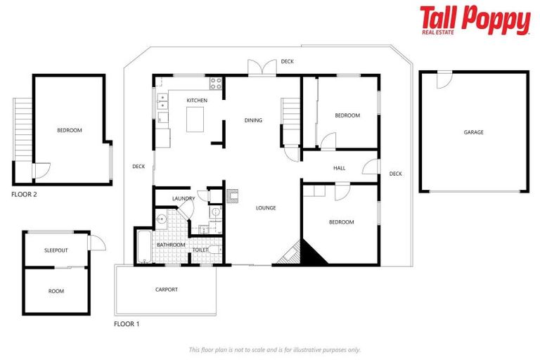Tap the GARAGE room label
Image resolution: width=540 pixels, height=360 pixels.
pos(473,132)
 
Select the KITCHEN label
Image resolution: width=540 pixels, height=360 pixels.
pos(197,101)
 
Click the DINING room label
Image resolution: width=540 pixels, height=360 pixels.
pos(253,120)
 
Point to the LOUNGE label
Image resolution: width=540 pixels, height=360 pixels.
pos(266,208)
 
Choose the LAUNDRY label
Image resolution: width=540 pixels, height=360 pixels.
pos(183,199)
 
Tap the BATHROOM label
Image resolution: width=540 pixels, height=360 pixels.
pos(171,245)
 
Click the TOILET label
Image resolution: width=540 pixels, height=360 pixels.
pos(200,250)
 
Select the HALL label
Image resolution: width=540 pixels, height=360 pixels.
pos(340,168)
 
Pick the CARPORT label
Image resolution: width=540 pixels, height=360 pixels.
pos(167,290)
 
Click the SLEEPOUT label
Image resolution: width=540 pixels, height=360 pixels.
pos(56,250)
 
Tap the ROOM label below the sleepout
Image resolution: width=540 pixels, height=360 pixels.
pos(56,291)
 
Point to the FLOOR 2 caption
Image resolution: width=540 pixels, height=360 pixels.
pos(25,194)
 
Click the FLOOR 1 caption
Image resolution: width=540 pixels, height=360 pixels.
pos(127,324)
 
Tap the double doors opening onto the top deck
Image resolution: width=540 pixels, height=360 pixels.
pos(259,68)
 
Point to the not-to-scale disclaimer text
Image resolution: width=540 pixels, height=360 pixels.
pos(274,349)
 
